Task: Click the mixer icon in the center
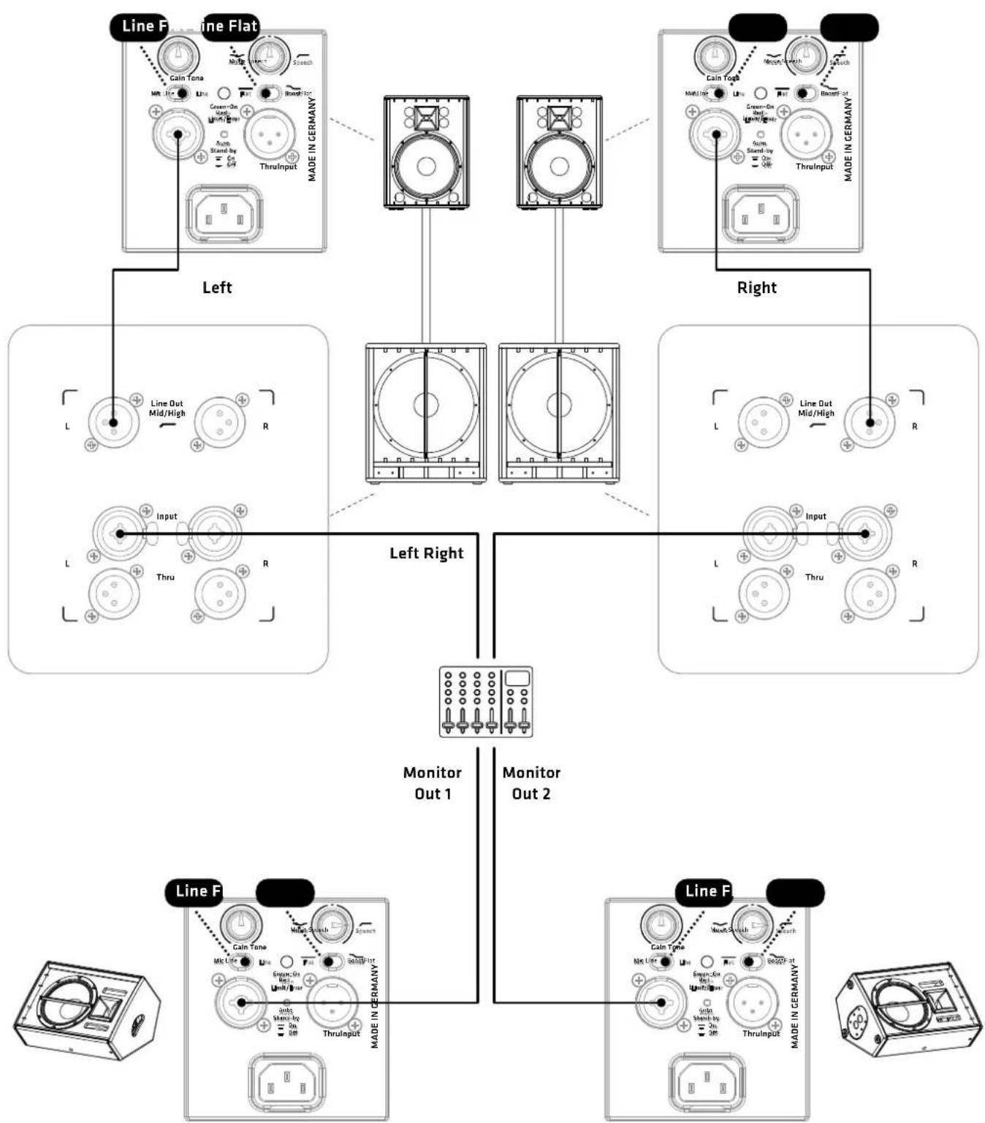[485, 701]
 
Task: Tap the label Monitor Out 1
[433, 783]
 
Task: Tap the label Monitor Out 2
[531, 783]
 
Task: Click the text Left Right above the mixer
[426, 553]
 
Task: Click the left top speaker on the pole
[426, 153]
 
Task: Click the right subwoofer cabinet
[559, 413]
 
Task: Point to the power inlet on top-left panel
[225, 215]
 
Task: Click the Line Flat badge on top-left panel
[229, 26]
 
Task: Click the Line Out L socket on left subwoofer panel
[113, 422]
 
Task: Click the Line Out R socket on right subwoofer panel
[870, 422]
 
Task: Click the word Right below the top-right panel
[756, 288]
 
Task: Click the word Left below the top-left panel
[217, 288]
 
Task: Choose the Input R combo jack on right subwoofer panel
[864, 533]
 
